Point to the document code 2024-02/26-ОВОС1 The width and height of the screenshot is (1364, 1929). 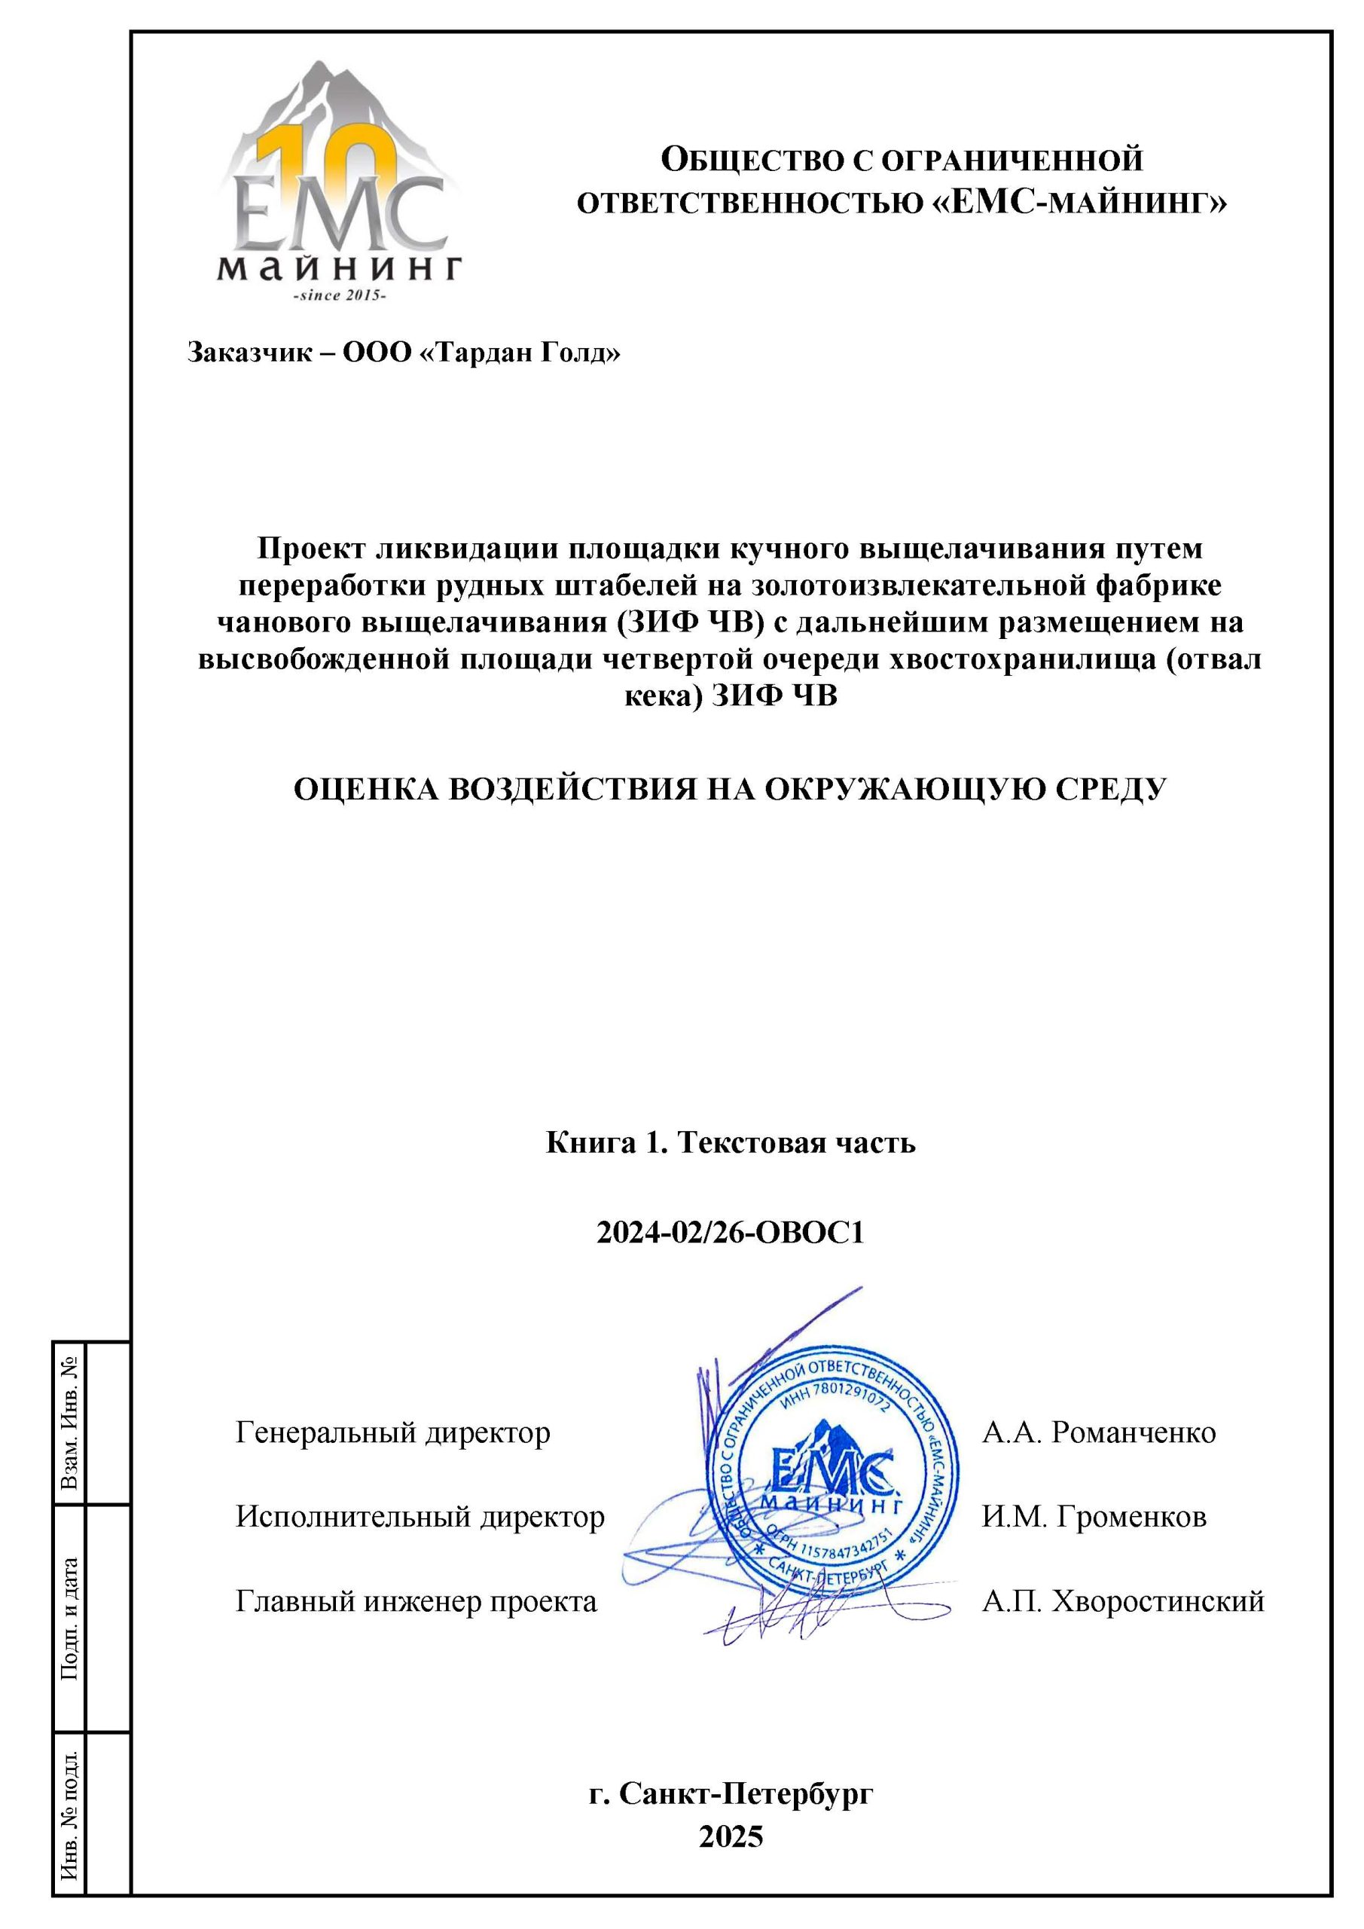(730, 1233)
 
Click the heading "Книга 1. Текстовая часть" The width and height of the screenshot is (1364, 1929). (730, 1142)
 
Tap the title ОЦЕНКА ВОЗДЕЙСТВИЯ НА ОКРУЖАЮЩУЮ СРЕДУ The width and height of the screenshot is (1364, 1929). (730, 790)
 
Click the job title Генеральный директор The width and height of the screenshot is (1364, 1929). (392, 1432)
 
